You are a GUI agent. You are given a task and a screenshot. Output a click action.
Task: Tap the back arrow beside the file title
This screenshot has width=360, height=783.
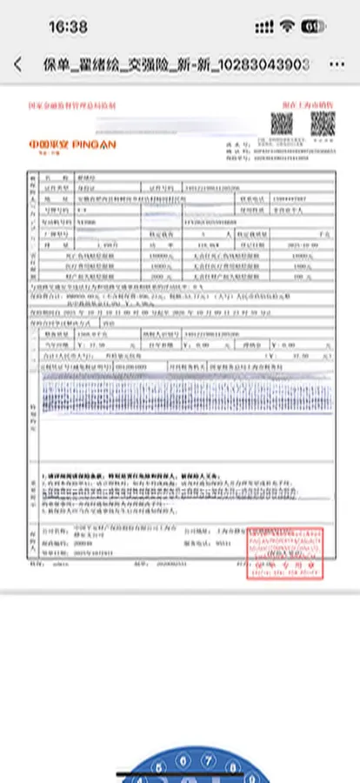click(x=17, y=64)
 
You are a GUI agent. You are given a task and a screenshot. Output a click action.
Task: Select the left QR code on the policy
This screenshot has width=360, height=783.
click(x=280, y=124)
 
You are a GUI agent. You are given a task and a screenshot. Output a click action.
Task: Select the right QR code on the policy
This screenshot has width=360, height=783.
click(x=323, y=124)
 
